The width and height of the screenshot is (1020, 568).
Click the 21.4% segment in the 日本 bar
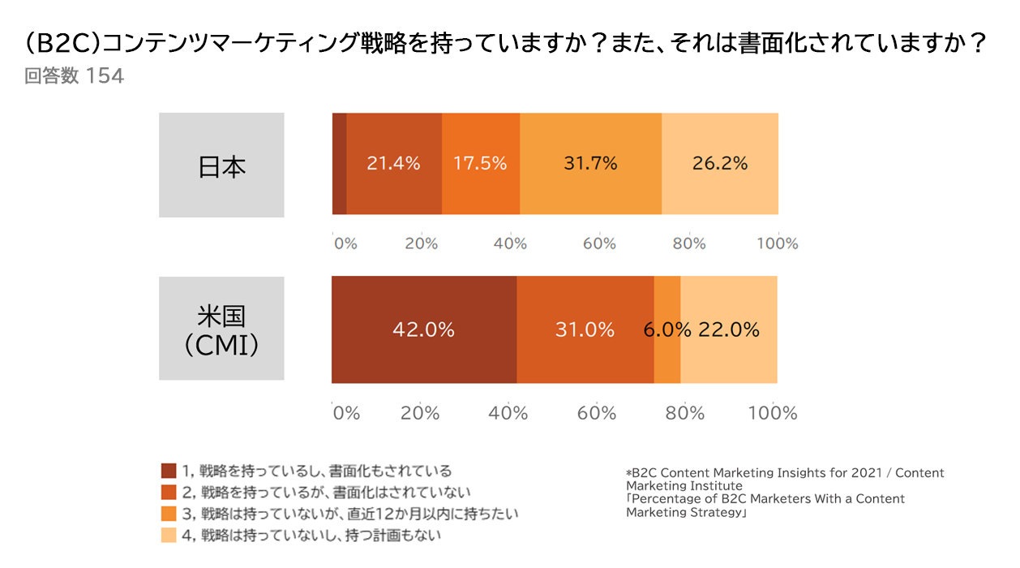(x=394, y=164)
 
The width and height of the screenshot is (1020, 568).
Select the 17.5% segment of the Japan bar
(x=480, y=164)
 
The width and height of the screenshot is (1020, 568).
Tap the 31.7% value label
(x=590, y=164)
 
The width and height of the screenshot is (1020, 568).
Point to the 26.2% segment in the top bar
(x=720, y=164)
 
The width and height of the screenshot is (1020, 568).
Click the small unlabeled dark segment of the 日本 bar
(x=340, y=164)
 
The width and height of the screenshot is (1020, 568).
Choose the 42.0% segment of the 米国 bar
(x=423, y=330)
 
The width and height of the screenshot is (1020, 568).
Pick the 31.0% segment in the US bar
(x=585, y=330)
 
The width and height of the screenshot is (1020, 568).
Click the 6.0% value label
(x=667, y=330)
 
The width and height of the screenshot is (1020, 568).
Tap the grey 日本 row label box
(x=221, y=166)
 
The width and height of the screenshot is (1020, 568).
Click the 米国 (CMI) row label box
(x=221, y=329)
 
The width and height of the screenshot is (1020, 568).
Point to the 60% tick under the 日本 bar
(x=598, y=243)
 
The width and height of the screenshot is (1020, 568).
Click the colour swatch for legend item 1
(x=169, y=471)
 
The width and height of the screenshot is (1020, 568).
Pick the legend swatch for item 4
(x=169, y=536)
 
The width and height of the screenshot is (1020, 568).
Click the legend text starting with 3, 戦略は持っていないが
(x=349, y=514)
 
